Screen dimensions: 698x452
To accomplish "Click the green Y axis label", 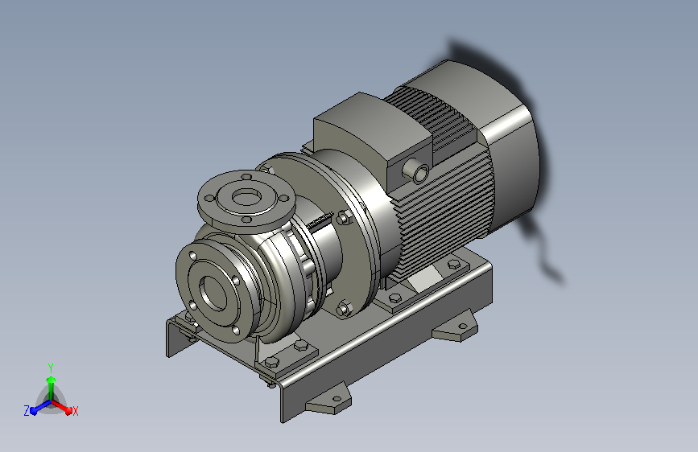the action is [51, 368].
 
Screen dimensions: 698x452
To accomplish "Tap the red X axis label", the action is [75, 411].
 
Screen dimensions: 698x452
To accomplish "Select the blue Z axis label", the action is [27, 411].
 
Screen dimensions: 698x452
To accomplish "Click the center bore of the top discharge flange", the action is [246, 196].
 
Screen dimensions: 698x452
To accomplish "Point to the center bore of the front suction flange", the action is [213, 293].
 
